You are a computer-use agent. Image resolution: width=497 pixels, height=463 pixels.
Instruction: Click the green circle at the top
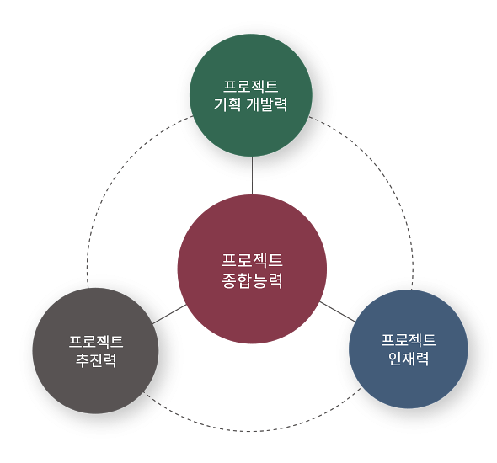coord(251,95)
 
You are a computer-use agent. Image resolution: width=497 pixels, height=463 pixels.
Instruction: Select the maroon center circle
coord(252,269)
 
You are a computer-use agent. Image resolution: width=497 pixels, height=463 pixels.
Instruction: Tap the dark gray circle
coord(95,350)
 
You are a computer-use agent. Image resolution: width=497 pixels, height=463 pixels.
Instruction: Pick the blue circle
coord(409,349)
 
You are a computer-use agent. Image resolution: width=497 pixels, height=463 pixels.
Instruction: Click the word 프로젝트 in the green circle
coord(251,87)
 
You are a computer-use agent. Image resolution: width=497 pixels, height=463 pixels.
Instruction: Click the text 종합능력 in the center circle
coord(252,280)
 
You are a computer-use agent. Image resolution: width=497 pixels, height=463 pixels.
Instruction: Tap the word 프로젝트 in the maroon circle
coord(252,260)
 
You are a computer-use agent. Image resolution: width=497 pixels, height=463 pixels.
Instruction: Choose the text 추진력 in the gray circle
coord(96,360)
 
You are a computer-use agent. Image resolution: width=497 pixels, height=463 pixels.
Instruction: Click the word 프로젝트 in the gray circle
coord(96,342)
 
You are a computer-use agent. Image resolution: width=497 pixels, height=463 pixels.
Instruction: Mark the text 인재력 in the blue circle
coord(409,359)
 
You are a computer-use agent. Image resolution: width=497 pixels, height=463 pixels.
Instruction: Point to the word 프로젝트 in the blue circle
coord(409,340)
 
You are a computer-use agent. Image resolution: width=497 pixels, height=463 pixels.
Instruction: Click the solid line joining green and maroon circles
coord(253,175)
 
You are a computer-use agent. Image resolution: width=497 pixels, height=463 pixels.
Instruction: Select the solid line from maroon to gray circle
coord(169,314)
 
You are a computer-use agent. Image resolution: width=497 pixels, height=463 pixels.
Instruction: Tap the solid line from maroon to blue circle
coord(338,311)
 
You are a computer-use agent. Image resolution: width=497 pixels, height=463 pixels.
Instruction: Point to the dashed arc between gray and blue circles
coord(250,431)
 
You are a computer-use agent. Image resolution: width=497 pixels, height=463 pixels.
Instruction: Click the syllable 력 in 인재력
coord(423,359)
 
